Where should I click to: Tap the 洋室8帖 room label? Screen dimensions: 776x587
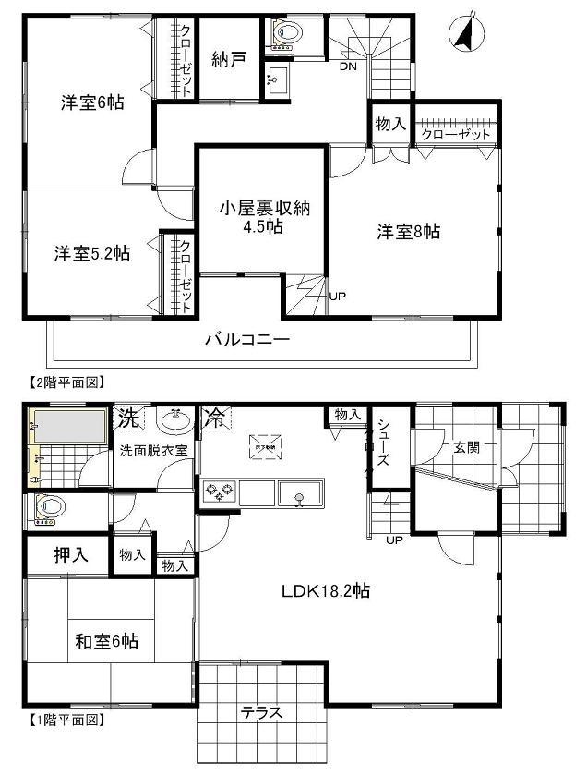click(407, 232)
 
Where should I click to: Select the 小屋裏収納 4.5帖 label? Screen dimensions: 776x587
click(263, 218)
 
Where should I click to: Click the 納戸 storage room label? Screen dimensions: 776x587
click(227, 60)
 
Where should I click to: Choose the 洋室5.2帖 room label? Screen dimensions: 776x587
click(90, 253)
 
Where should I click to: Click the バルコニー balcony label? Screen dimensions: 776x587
click(247, 339)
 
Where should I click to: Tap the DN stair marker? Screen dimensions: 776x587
click(349, 67)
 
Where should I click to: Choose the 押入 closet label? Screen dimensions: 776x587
click(70, 555)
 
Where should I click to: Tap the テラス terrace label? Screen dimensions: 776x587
click(261, 712)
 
